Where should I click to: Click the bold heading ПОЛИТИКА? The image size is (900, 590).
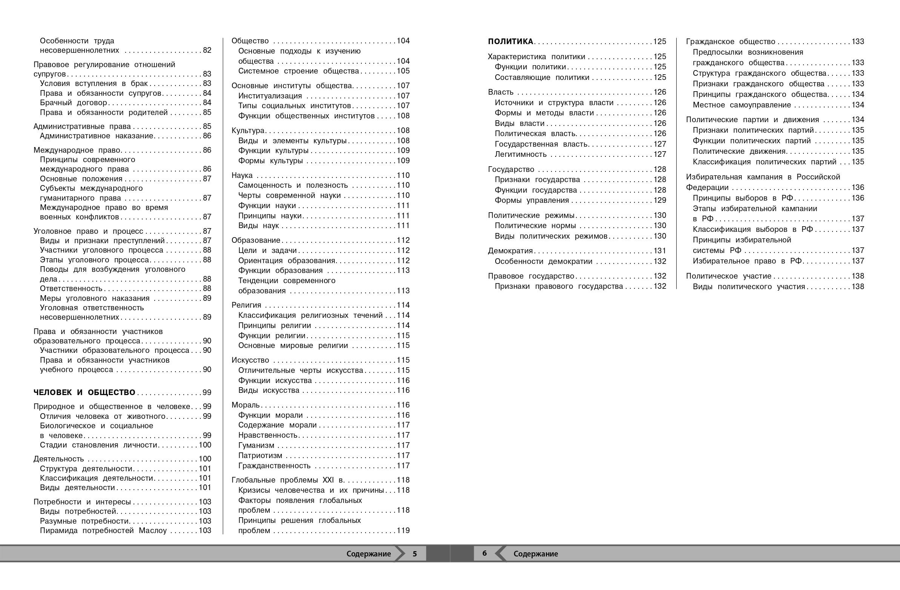tap(510, 41)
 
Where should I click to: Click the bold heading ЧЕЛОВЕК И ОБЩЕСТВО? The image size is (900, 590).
tap(84, 392)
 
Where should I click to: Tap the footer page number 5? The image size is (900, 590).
tap(415, 554)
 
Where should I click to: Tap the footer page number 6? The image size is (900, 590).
tap(484, 553)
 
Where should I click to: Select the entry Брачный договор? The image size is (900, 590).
tap(73, 103)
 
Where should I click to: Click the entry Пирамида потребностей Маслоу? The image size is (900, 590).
tap(103, 530)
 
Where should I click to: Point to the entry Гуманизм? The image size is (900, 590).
tap(256, 445)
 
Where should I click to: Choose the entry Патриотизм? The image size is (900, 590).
tap(260, 455)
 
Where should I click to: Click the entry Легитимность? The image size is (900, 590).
tap(521, 154)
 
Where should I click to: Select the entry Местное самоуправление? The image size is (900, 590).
tap(742, 105)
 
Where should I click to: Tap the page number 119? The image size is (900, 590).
tap(403, 530)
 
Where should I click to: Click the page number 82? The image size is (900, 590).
tap(207, 50)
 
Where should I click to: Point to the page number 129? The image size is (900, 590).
tap(660, 200)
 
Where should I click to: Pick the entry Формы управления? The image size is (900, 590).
tap(532, 200)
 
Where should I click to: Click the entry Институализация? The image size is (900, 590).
tap(270, 96)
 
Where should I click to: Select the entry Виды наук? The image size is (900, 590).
tap(258, 226)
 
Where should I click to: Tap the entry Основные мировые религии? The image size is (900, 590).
tap(293, 345)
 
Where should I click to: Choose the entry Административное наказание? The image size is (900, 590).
tap(97, 136)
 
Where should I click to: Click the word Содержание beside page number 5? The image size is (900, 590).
tap(368, 554)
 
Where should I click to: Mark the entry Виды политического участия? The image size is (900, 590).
tap(749, 287)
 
